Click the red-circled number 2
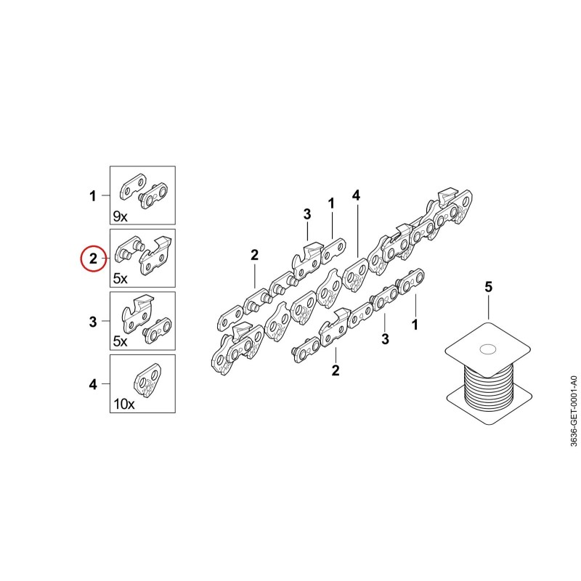point(93,259)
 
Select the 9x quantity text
point(120,216)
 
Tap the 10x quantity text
point(123,404)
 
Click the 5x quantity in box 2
point(120,279)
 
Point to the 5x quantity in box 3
point(120,341)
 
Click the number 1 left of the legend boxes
point(93,195)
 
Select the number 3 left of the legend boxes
point(93,321)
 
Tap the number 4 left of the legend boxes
point(93,384)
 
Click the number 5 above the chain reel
point(489,287)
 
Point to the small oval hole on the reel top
point(487,349)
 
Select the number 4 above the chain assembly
point(356,195)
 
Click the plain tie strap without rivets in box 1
point(132,187)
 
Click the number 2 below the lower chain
point(336,370)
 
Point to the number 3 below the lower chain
point(386,338)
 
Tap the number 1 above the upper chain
point(331,203)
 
